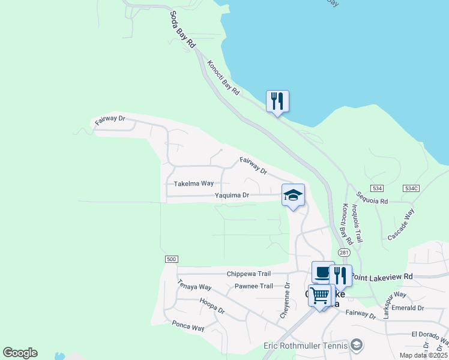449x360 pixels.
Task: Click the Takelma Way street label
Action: (x=194, y=184)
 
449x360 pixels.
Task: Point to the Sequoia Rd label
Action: (x=372, y=198)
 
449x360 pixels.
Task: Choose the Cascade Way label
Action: (x=401, y=224)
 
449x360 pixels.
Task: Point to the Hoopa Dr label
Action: (x=212, y=307)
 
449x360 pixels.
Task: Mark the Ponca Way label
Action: (x=188, y=327)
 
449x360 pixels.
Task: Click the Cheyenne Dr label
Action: (x=285, y=301)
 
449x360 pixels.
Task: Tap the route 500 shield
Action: (x=171, y=259)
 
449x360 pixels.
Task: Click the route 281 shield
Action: (x=343, y=253)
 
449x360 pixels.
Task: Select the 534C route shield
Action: (x=411, y=188)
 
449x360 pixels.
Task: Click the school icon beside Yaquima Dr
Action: (x=293, y=196)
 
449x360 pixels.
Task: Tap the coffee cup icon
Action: (x=323, y=273)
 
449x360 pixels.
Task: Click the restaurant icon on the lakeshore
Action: (x=277, y=101)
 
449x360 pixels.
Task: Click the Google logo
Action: (x=20, y=353)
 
